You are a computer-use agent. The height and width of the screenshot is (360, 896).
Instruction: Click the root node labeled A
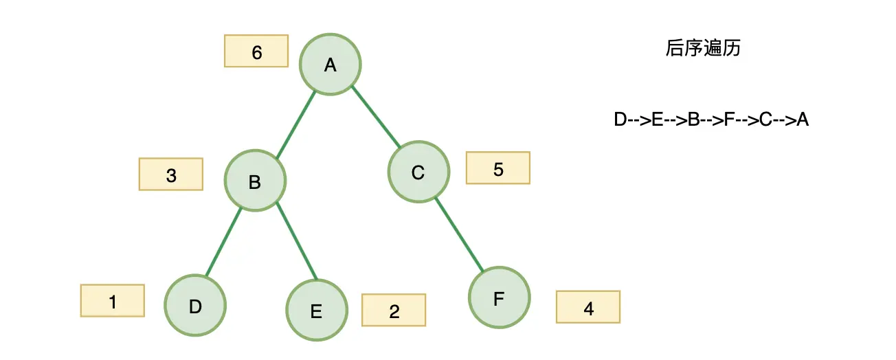[331, 65]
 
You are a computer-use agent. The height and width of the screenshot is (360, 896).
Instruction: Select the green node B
[255, 181]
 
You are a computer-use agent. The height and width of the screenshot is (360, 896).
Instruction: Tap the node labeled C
[419, 172]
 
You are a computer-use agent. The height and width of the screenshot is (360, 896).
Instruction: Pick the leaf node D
[195, 305]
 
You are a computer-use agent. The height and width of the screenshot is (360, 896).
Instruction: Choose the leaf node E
[317, 310]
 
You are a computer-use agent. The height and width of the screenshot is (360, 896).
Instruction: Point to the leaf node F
[500, 297]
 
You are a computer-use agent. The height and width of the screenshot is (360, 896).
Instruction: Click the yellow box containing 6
[256, 51]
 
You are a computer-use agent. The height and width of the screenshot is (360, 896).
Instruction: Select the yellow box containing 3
[171, 174]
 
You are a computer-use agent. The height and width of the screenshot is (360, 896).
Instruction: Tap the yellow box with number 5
[498, 168]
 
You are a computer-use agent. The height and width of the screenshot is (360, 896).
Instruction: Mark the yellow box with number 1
[113, 300]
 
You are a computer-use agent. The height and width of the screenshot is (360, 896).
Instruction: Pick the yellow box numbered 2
[394, 310]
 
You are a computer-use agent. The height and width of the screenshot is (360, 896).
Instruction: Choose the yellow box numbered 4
[588, 307]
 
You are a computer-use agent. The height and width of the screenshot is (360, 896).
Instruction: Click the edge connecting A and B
[296, 125]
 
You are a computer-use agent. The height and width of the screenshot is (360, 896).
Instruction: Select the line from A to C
[376, 116]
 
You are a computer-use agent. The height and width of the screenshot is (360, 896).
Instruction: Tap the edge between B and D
[223, 242]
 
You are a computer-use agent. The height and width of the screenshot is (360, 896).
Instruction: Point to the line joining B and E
[298, 241]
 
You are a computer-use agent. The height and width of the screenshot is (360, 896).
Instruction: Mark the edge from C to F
[460, 235]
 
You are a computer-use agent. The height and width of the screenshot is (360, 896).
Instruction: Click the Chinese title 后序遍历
[703, 48]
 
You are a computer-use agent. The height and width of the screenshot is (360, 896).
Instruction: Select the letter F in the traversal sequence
[729, 120]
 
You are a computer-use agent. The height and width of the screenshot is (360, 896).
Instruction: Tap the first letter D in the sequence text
[620, 120]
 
